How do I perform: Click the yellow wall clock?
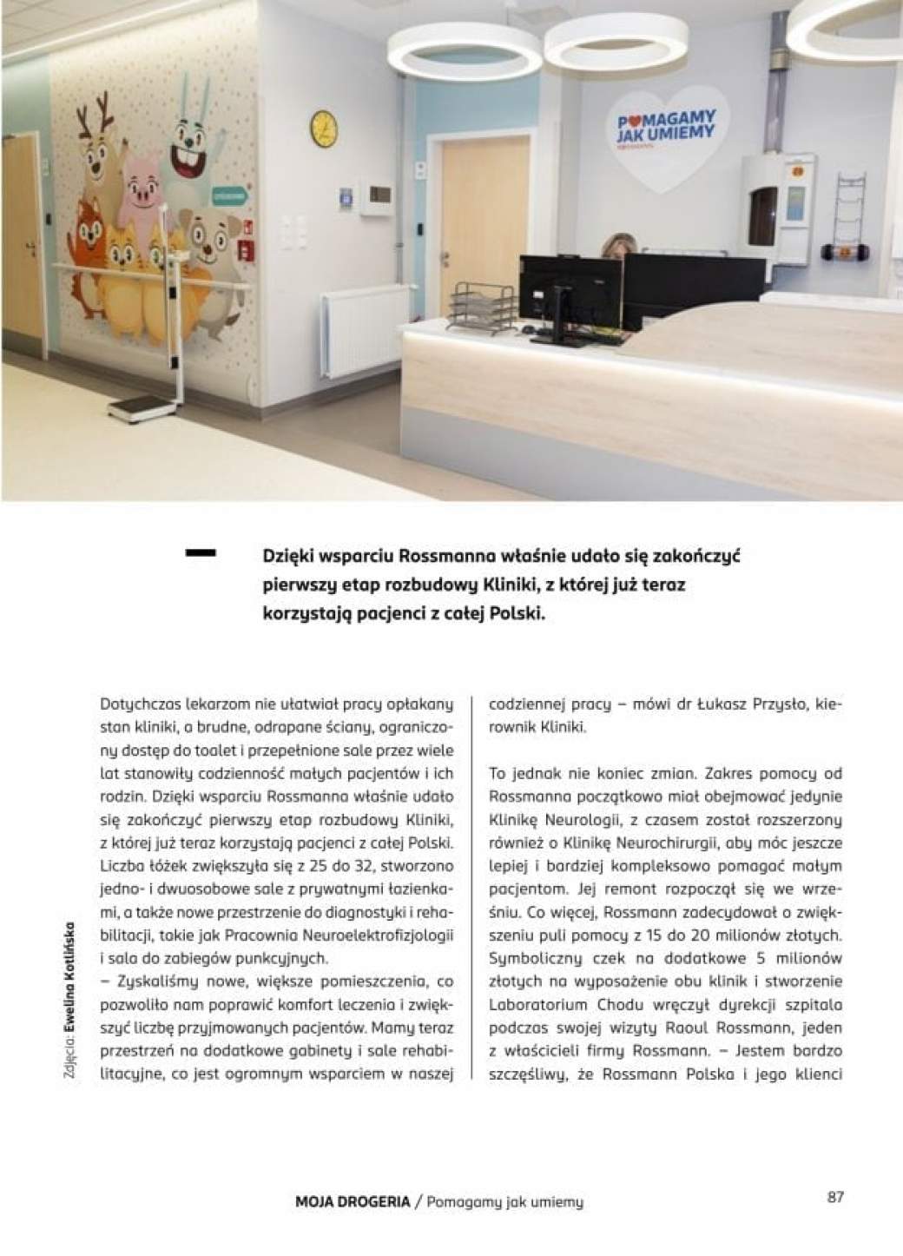click(323, 128)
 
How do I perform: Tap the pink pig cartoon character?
click(143, 189)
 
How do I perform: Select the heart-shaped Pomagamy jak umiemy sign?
click(663, 130)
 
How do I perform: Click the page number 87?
click(835, 1196)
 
